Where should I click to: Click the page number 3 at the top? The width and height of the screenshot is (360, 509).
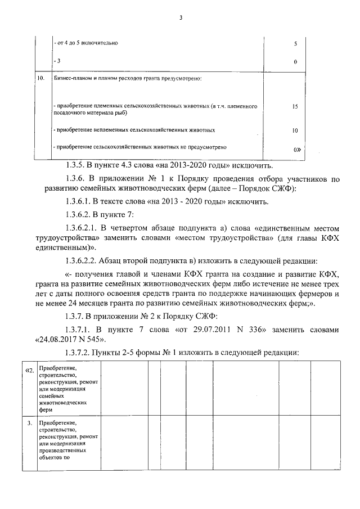(181, 17)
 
